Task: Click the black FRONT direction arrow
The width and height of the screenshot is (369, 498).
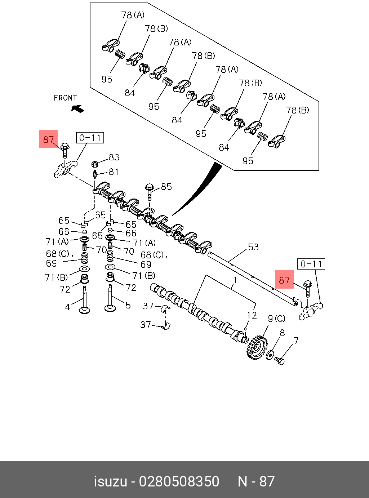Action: pos(78,108)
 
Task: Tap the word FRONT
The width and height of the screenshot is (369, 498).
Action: pos(65,98)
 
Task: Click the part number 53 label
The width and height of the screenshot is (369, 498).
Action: pos(253,247)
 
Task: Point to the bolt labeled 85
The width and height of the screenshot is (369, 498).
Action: pos(150,191)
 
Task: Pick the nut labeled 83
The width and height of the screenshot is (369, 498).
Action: pos(95,164)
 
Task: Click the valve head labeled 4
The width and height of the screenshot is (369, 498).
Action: pos(85,310)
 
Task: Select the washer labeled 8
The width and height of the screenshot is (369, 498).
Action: pos(270,355)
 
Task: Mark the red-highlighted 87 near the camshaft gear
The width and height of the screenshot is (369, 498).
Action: pos(284,280)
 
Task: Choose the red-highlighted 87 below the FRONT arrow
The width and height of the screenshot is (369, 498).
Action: pos(48,139)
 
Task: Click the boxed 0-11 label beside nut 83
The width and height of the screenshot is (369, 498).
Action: pos(90,138)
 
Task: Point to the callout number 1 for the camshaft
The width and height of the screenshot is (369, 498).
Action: pos(235,280)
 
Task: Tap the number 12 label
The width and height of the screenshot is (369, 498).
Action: pos(252,315)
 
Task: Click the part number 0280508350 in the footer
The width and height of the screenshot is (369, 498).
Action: pos(179,482)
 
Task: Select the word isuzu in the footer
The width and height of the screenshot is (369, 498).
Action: pos(110,482)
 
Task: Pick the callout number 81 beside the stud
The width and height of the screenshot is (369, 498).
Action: pos(114,172)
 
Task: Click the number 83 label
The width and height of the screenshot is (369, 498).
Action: pos(114,157)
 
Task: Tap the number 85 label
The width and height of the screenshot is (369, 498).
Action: pos(166,187)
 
